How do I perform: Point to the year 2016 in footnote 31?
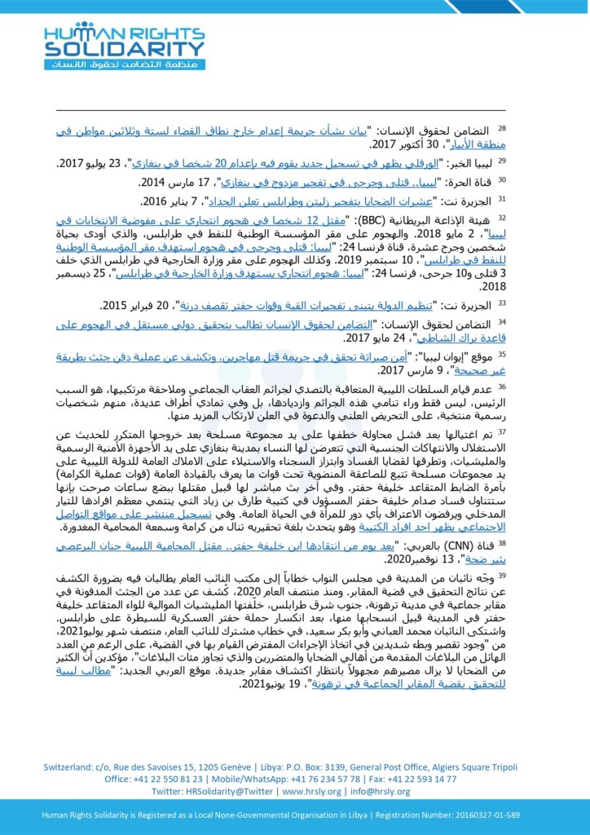tap(156, 201)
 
